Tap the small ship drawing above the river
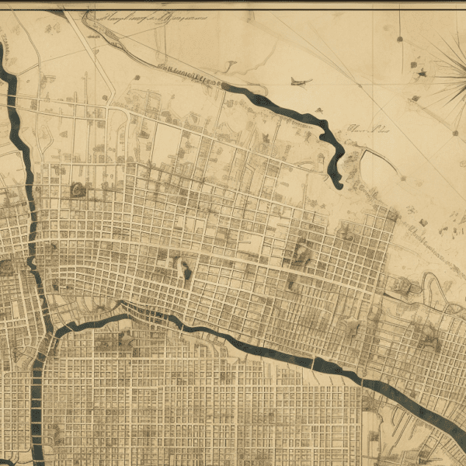click(x=300, y=81)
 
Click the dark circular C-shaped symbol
click(x=76, y=189)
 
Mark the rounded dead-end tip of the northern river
click(x=337, y=184)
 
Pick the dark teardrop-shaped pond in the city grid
click(x=186, y=271)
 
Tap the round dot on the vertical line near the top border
click(x=400, y=37)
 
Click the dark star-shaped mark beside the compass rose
click(x=422, y=73)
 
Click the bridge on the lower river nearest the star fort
click(x=314, y=362)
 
